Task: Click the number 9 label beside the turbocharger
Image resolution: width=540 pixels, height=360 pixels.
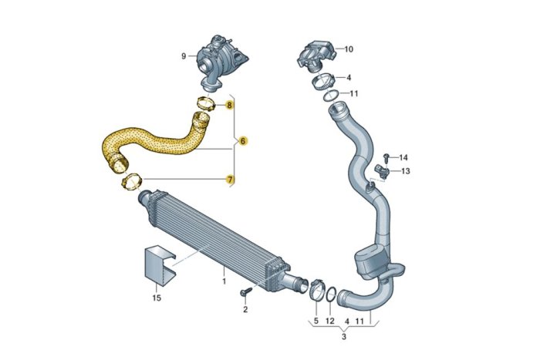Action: [x=184, y=56]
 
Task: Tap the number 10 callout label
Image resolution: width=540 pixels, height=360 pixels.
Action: [x=349, y=49]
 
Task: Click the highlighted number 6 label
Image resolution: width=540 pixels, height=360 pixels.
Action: [x=242, y=141]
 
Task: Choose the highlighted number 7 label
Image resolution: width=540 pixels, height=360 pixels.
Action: [x=229, y=179]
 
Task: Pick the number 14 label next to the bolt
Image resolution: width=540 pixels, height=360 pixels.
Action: [x=403, y=157]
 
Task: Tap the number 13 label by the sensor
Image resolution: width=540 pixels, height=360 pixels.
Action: [x=406, y=171]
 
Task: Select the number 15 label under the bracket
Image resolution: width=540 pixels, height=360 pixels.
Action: [x=157, y=297]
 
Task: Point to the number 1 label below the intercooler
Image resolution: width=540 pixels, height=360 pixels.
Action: [x=224, y=281]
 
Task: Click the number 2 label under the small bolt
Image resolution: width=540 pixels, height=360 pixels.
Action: [x=245, y=309]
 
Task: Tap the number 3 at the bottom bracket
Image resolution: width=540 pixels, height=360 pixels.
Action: [x=344, y=337]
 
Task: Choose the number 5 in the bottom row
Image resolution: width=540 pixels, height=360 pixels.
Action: [x=316, y=320]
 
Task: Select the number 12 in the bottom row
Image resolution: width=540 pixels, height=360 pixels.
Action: [x=330, y=320]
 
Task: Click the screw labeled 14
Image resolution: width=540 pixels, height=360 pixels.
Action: [x=386, y=158]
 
